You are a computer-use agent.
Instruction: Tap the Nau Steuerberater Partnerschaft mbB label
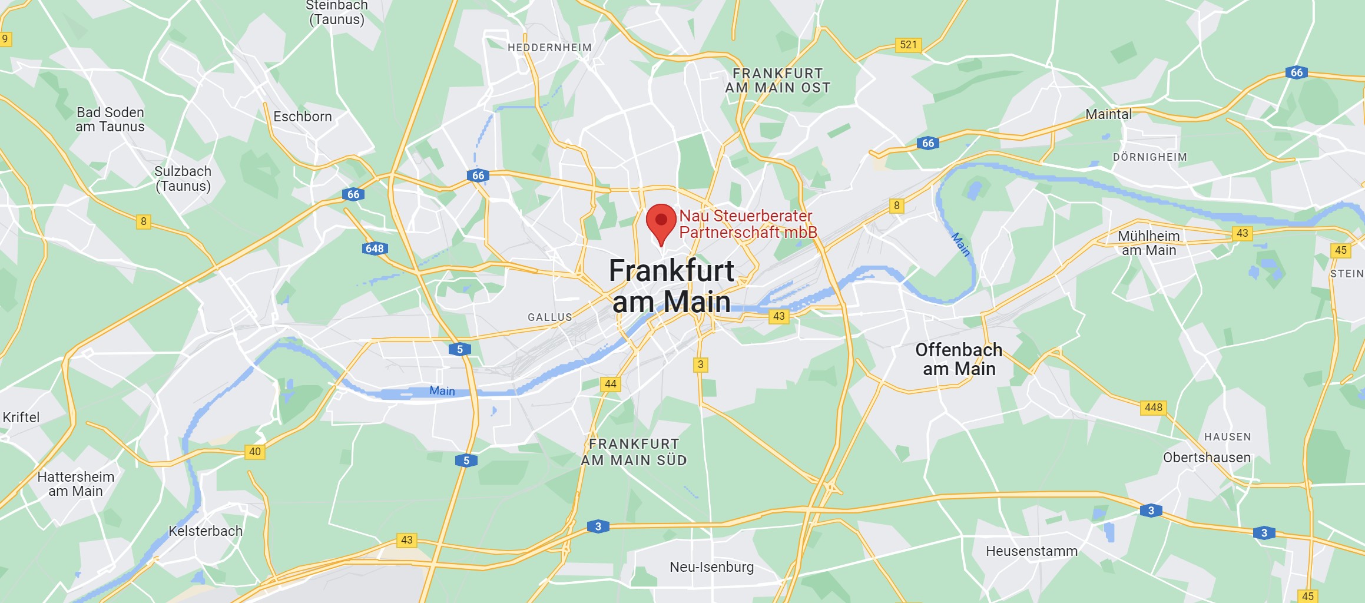click(x=747, y=224)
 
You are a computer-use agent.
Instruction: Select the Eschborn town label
click(x=303, y=117)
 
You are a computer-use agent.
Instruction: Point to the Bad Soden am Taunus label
click(x=110, y=120)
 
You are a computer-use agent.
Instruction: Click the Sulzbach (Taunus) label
click(x=183, y=178)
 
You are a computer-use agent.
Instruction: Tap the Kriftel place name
click(x=21, y=418)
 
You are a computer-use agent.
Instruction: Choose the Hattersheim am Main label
click(x=75, y=483)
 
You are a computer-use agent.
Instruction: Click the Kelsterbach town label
click(x=206, y=531)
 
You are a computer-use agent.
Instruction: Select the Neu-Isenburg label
click(x=711, y=567)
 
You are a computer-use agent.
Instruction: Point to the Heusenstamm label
click(x=1032, y=551)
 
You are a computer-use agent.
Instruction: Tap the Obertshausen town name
click(x=1207, y=458)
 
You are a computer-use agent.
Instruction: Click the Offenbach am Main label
click(x=959, y=359)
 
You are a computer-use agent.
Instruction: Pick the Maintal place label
click(x=1108, y=114)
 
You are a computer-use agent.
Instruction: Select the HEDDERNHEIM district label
click(x=549, y=48)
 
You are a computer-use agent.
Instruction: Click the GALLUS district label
click(x=549, y=317)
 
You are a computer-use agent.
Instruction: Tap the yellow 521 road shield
click(x=908, y=45)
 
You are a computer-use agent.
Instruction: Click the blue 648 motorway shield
click(x=375, y=249)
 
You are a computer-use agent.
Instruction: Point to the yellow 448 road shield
click(x=1153, y=407)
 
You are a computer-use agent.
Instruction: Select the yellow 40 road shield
click(x=254, y=452)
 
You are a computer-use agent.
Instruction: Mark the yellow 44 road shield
click(x=611, y=384)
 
